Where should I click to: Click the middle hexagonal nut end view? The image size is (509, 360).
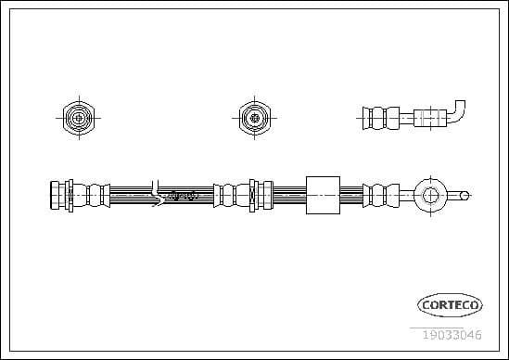click(251, 117)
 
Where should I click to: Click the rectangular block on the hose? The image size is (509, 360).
click(323, 195)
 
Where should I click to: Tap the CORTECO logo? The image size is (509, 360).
click(450, 304)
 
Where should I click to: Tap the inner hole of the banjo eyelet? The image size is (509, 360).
click(429, 195)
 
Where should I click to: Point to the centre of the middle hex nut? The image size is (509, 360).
click(251, 117)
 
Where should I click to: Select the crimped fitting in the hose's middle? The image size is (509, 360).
click(242, 195)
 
